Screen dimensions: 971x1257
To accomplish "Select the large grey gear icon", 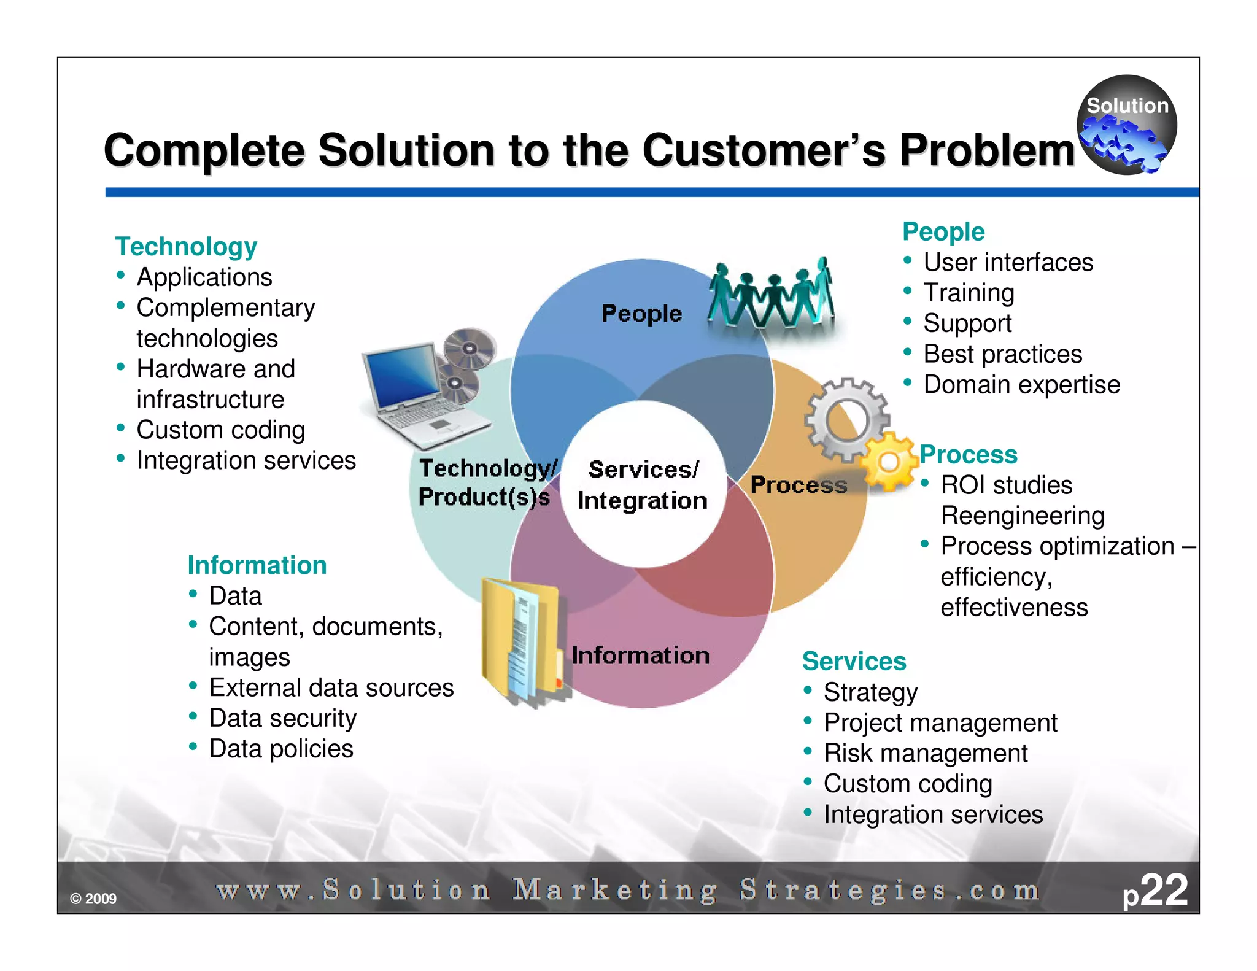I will pos(847,419).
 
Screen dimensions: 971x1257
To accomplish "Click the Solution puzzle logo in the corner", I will pos(1126,125).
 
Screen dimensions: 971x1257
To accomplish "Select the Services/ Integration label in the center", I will pos(643,485).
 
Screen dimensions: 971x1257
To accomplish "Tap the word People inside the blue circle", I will pos(641,314).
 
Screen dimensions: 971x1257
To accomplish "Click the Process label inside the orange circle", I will pos(799,485).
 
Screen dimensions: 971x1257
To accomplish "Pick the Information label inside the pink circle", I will pos(641,656).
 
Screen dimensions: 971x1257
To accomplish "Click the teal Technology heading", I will pos(186,247).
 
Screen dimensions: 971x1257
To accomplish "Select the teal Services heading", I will pos(854,662).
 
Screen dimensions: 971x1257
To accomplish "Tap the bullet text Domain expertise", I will pos(1021,385).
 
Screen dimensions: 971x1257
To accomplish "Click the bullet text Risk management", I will pos(925,753).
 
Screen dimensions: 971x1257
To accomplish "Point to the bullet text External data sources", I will pos(331,687).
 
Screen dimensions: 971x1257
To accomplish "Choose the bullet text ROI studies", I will pos(1007,485).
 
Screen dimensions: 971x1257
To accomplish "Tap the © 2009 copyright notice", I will pos(93,899).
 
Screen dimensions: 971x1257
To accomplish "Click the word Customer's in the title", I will pos(764,150).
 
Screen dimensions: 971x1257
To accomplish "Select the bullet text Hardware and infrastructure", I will pos(215,384).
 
